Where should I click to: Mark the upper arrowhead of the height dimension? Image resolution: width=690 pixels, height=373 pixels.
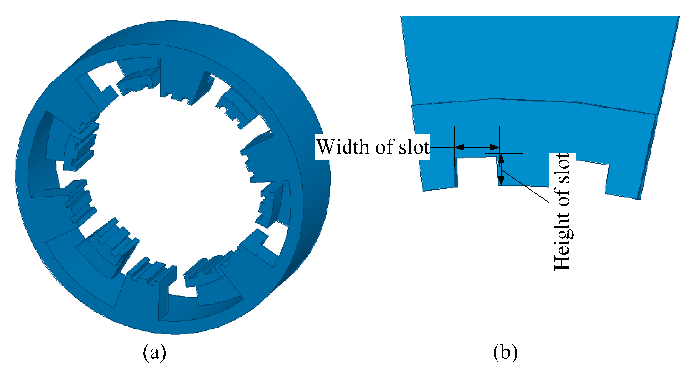(x=501, y=158)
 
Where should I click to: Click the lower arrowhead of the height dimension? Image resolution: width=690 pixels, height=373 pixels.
(x=501, y=181)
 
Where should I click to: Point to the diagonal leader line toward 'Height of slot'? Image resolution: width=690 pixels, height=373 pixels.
(x=526, y=186)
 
